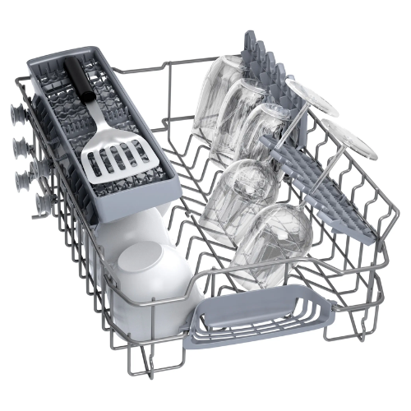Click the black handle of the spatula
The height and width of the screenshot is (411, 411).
click(79, 79)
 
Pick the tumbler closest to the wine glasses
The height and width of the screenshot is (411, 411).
click(271, 132)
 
